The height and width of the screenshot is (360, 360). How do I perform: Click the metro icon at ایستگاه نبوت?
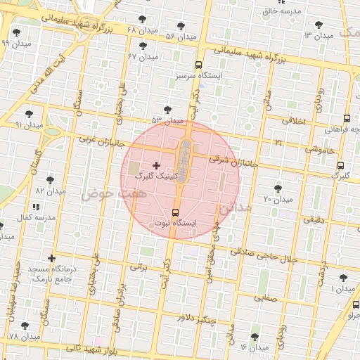(175, 212)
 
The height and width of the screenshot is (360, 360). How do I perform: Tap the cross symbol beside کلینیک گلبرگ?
(156, 165)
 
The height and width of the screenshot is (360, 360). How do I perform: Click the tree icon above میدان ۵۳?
(167, 109)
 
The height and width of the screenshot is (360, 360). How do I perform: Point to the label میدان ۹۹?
(15, 44)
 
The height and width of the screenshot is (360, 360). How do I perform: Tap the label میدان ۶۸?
(141, 30)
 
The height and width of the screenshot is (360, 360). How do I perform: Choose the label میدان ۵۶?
(180, 36)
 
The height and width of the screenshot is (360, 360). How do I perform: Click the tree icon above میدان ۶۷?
(143, 46)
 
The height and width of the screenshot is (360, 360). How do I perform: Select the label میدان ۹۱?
(29, 124)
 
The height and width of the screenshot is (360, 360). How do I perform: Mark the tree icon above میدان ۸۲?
(50, 180)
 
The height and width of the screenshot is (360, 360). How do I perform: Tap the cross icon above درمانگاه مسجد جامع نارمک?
(51, 258)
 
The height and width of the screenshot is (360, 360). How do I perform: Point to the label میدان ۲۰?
(278, 200)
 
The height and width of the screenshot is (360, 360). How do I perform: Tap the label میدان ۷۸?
(25, 337)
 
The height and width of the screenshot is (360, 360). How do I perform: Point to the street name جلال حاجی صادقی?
(264, 255)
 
